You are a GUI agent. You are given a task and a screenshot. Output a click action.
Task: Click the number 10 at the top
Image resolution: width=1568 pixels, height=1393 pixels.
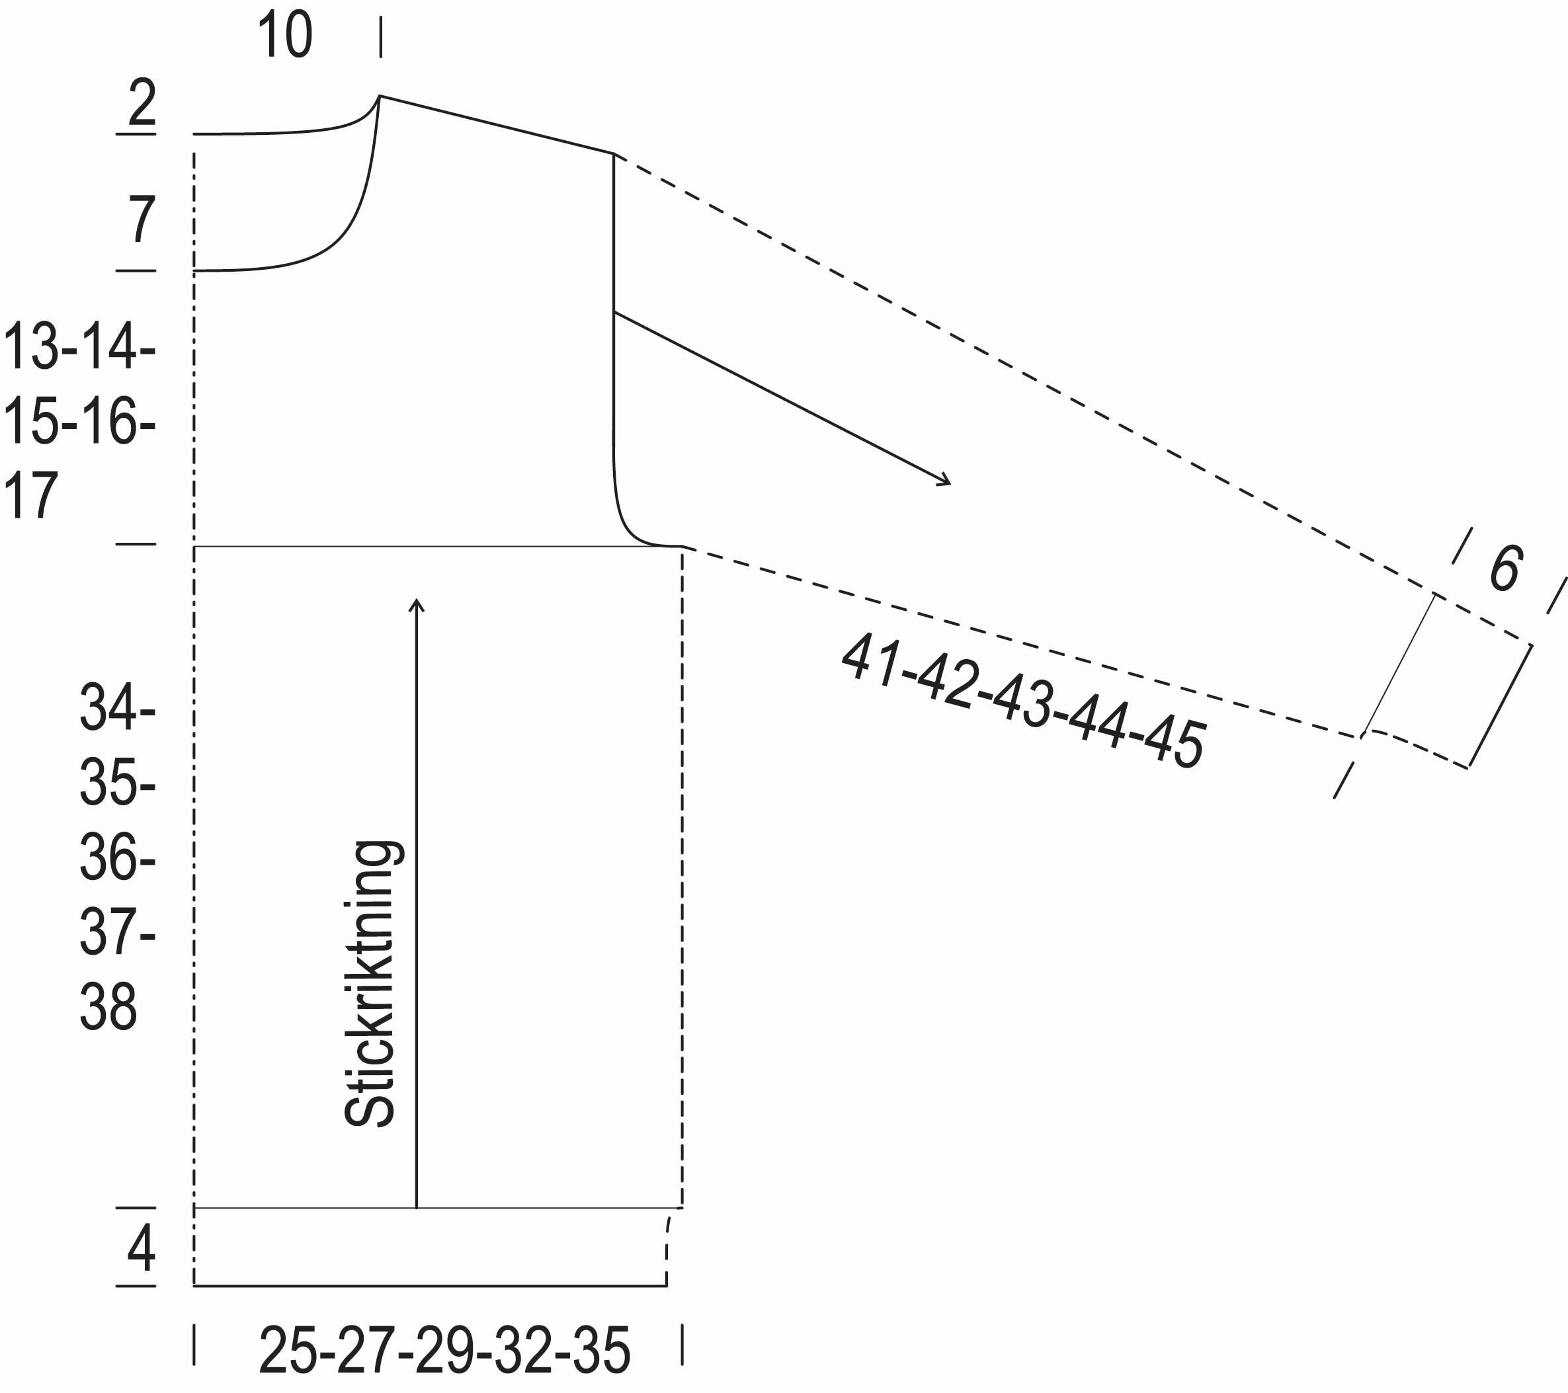click(x=284, y=35)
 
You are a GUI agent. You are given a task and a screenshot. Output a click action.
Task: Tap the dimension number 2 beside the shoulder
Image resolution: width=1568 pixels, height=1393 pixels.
click(x=142, y=102)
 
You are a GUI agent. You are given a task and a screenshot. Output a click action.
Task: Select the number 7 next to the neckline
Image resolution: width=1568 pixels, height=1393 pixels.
click(x=142, y=219)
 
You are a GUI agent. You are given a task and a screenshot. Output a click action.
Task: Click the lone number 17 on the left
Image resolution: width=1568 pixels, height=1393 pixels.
click(x=30, y=496)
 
